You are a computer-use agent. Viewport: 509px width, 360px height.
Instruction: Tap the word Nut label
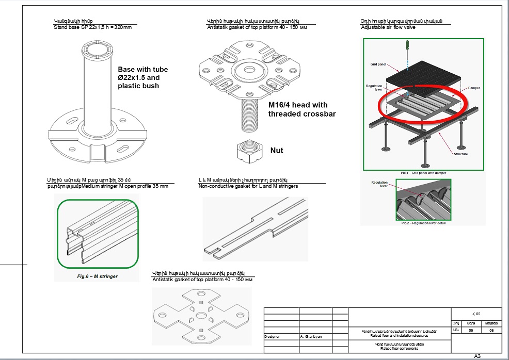(x=277, y=151)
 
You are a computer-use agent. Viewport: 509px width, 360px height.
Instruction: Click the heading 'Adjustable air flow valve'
(x=388, y=27)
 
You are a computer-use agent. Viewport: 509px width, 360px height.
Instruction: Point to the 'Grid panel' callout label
(x=378, y=64)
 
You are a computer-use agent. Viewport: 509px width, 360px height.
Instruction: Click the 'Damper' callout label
(x=473, y=88)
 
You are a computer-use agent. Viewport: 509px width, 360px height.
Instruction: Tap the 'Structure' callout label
(x=461, y=154)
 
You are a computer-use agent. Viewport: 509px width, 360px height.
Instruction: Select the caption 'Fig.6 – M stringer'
(x=97, y=276)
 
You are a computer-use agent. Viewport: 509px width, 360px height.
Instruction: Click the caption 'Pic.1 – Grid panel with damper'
(x=423, y=173)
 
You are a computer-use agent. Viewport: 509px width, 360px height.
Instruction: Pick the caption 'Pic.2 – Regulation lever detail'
(x=423, y=223)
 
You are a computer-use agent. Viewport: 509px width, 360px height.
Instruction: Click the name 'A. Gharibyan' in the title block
(x=311, y=336)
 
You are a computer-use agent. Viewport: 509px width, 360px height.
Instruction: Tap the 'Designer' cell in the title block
(x=272, y=336)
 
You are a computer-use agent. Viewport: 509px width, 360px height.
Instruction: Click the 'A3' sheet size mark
(x=478, y=356)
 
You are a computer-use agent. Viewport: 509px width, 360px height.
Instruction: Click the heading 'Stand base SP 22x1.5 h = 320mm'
(x=92, y=27)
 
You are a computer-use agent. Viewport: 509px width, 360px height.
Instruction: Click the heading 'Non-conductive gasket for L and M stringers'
(x=248, y=186)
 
